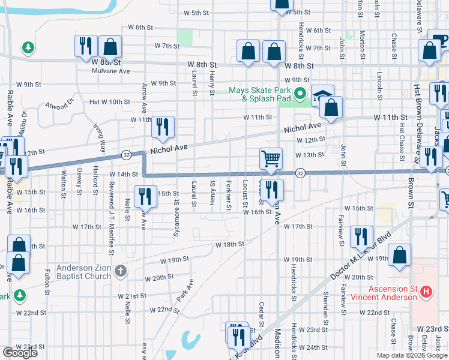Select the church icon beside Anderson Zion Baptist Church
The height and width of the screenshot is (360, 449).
point(120,271)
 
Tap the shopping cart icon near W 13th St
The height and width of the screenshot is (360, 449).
point(271,160)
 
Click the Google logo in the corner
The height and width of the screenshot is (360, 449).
point(20,353)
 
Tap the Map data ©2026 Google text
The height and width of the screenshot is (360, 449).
point(411,356)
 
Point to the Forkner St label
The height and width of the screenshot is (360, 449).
point(229,195)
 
